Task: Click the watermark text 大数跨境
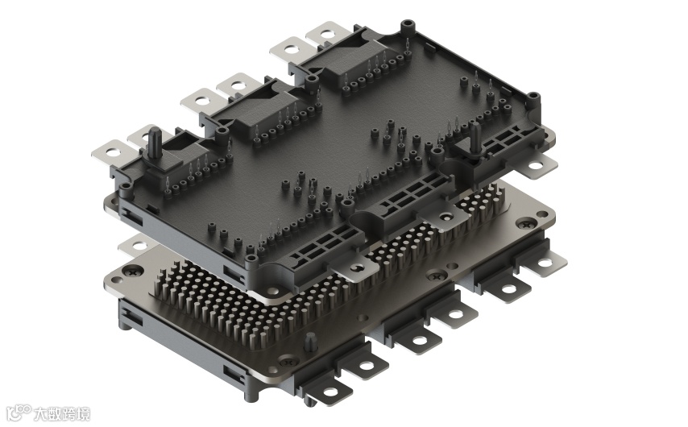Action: (62, 413)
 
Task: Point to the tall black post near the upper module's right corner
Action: (475, 139)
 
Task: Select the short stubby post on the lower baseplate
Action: (311, 342)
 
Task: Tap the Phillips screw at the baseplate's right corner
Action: (526, 224)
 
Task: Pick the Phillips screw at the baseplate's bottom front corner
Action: (288, 362)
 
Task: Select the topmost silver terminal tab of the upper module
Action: (328, 34)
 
